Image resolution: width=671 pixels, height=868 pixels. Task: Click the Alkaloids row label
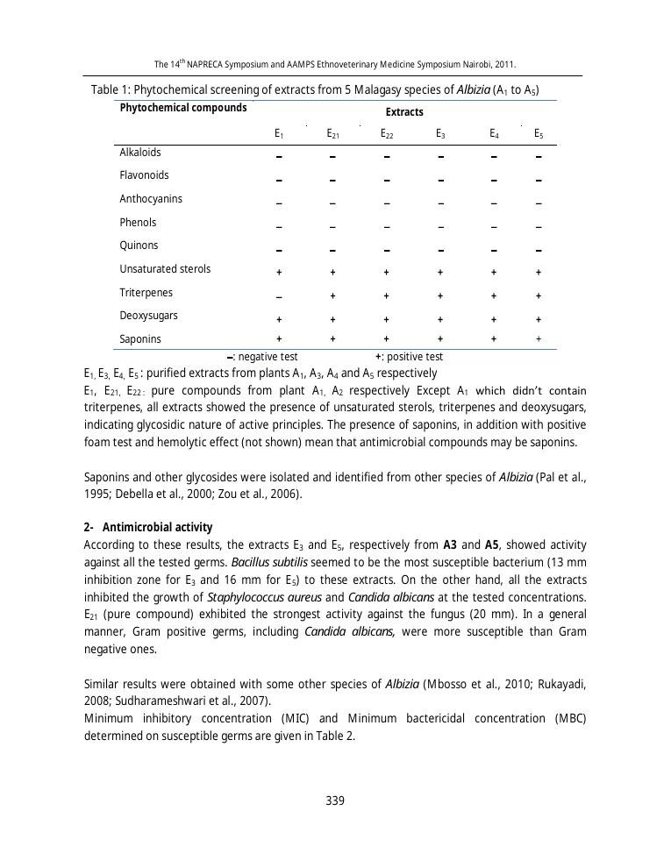point(140,153)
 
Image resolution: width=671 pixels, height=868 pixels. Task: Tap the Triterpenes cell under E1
point(279,296)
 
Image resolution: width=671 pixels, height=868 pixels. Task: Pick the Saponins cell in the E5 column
point(539,338)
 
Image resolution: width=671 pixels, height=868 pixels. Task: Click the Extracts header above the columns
point(404,112)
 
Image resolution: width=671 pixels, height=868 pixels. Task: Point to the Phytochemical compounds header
point(183,108)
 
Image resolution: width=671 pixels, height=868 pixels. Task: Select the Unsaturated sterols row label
point(165,269)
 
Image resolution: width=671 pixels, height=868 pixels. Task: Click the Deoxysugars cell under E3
point(440,320)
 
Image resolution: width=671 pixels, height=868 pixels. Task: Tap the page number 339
point(335,800)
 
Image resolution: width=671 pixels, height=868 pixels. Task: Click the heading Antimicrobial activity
point(157,527)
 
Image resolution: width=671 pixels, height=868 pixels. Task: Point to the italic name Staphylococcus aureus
point(254,597)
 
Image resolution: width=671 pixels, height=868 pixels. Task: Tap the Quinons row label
point(139,245)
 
